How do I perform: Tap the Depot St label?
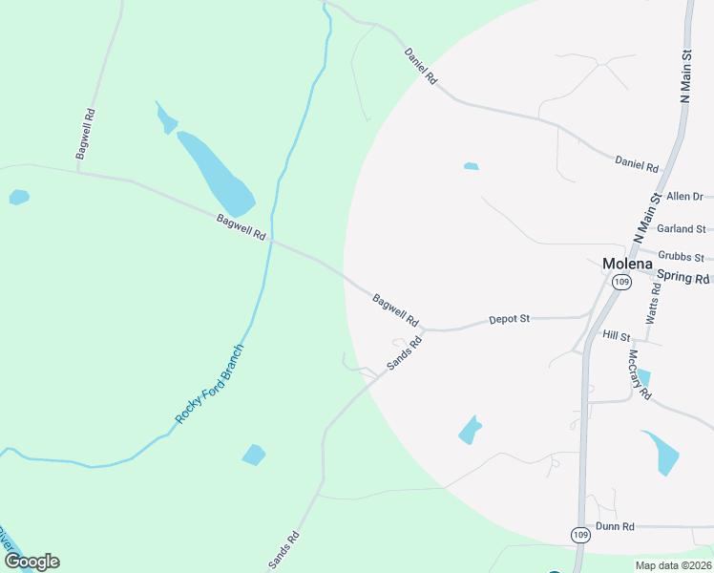[x=509, y=319]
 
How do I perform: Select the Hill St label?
[x=618, y=336]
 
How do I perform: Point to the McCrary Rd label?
[x=639, y=373]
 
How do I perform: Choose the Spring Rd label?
[x=683, y=279]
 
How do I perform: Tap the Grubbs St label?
[x=681, y=258]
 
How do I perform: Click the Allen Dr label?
[x=684, y=197]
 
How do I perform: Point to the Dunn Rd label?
[x=615, y=526]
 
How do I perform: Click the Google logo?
[x=31, y=562]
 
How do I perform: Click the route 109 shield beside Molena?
[x=621, y=282]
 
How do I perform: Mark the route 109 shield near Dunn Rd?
[x=580, y=534]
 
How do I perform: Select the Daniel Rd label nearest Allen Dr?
[x=637, y=164]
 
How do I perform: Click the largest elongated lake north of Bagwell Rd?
[x=216, y=173]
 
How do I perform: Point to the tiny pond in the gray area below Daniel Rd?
[x=471, y=166]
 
